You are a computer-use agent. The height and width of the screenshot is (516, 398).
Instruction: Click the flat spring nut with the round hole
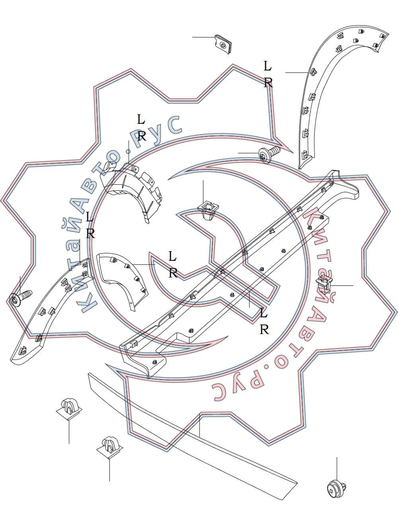[223, 44]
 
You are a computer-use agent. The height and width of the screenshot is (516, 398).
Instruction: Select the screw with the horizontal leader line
[269, 154]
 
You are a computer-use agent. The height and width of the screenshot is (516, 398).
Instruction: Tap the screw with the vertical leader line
[20, 298]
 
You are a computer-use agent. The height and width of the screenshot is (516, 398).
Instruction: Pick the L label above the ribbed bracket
[141, 119]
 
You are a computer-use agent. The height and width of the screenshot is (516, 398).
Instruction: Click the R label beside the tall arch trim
[268, 83]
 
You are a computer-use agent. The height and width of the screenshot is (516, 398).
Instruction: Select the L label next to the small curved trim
[173, 256]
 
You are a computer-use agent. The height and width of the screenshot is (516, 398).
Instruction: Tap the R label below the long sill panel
[264, 330]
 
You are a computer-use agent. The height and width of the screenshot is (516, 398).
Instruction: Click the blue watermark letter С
[174, 125]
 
